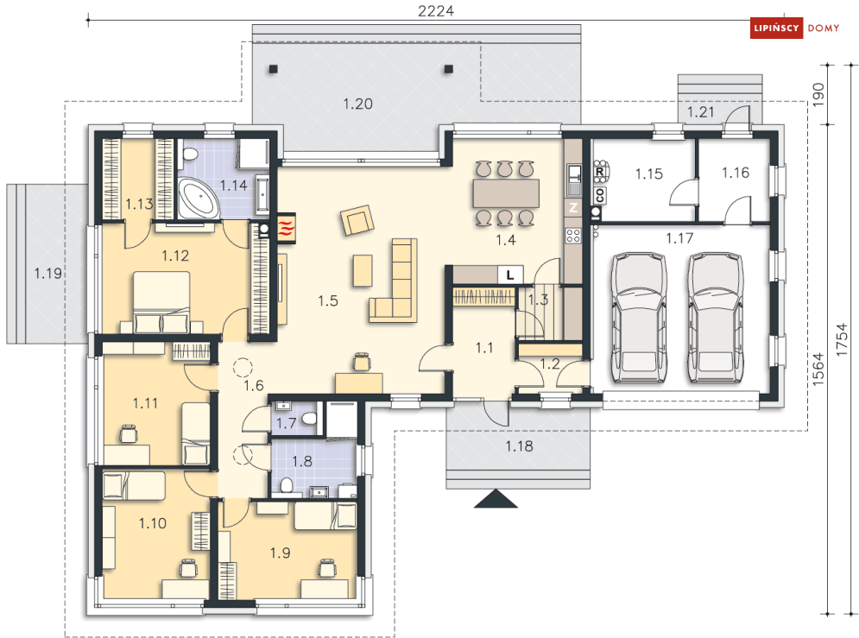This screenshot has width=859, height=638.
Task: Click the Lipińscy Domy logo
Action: tap(794, 28)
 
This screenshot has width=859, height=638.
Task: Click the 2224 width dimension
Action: tap(435, 11)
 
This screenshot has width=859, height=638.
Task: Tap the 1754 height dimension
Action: tap(842, 340)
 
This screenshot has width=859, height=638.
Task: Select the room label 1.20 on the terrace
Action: tap(357, 104)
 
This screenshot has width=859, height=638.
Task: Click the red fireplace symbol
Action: tap(287, 227)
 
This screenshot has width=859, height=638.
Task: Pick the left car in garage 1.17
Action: tap(640, 317)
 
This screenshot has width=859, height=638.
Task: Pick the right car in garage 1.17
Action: tap(715, 317)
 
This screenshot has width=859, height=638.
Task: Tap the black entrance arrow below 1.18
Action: tap(496, 499)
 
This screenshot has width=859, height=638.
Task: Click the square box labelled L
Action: tap(510, 275)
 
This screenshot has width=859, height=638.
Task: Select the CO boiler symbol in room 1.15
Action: tap(600, 195)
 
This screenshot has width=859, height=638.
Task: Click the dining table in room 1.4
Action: tap(506, 193)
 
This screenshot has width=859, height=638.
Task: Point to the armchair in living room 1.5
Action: tap(357, 219)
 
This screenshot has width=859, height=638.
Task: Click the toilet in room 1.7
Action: tap(309, 419)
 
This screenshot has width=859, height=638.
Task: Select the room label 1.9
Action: tap(280, 553)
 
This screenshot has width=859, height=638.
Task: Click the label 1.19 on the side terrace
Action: tap(48, 273)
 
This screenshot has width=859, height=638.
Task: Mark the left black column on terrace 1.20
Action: tap(273, 69)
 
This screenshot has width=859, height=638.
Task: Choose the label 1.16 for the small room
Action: tap(736, 173)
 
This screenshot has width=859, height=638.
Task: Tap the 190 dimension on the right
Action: tap(818, 95)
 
